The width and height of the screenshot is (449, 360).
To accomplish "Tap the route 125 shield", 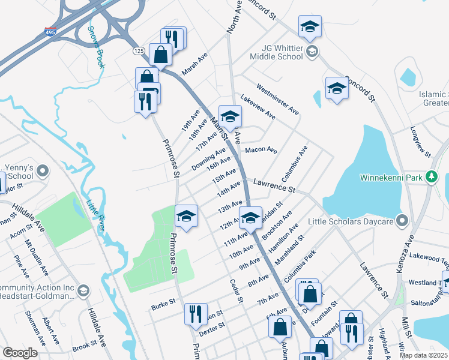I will click(x=138, y=51).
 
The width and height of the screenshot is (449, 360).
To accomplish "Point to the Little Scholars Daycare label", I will click(x=351, y=221).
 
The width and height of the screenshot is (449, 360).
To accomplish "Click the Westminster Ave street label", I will click(x=277, y=99).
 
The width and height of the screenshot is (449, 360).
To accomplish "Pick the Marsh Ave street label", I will click(x=194, y=63).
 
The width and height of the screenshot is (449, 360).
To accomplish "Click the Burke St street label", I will click(x=163, y=303).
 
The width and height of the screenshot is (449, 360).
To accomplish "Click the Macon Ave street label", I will click(x=261, y=149).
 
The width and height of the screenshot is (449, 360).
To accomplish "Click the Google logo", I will click(x=20, y=353).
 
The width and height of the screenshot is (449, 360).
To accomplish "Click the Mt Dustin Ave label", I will click(x=35, y=256).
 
